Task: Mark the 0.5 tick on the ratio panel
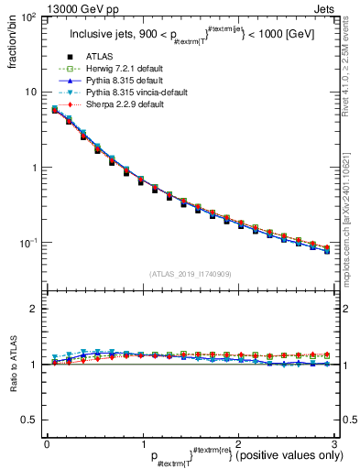click(x=28, y=420)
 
